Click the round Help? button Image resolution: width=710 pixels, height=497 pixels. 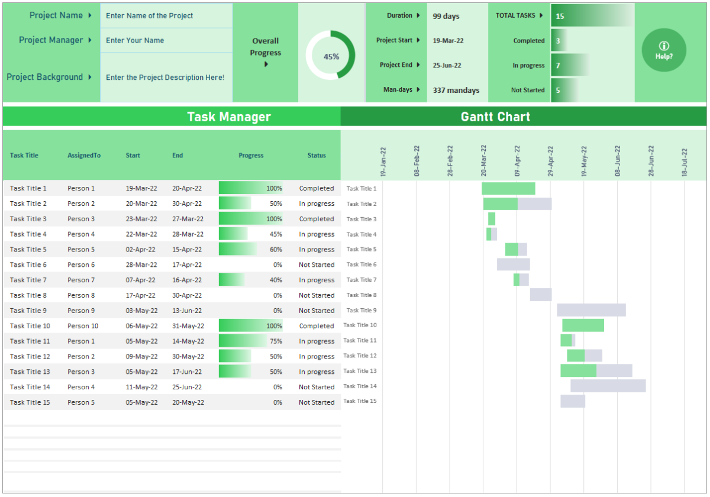click(x=664, y=50)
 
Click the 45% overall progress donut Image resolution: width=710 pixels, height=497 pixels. click(x=331, y=56)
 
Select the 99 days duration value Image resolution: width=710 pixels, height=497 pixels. click(x=446, y=16)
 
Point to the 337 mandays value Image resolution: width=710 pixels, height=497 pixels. click(x=456, y=91)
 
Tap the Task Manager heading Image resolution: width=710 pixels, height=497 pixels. click(x=229, y=117)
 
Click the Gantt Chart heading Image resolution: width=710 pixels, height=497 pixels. click(x=495, y=117)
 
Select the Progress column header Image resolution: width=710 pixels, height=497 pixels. click(x=251, y=156)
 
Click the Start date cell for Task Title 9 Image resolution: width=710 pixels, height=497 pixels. click(x=141, y=311)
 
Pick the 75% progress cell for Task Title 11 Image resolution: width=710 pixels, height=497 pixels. click(x=251, y=341)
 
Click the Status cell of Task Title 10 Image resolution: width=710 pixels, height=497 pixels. click(x=317, y=326)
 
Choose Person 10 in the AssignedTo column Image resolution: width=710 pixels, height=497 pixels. click(x=83, y=326)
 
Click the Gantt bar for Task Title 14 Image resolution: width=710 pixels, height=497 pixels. click(x=608, y=386)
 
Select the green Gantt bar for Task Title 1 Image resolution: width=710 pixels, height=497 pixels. click(x=508, y=188)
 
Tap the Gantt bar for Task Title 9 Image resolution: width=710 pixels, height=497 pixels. click(x=591, y=310)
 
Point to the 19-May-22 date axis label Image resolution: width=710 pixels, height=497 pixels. click(x=584, y=162)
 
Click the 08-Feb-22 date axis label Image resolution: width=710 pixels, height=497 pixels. click(x=417, y=162)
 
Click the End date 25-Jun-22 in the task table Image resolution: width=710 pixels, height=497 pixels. click(x=187, y=387)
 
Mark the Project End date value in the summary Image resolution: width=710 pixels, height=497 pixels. click(x=447, y=66)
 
